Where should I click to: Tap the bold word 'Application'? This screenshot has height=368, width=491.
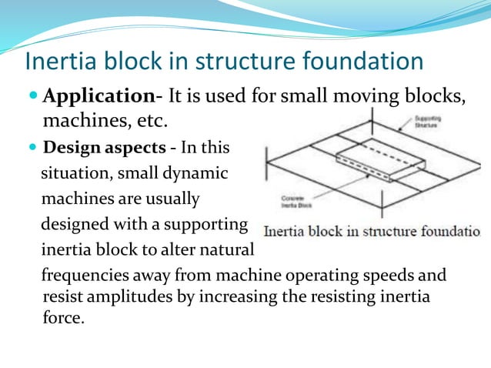coord(98,98)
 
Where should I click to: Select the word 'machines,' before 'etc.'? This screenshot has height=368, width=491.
coord(77,122)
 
